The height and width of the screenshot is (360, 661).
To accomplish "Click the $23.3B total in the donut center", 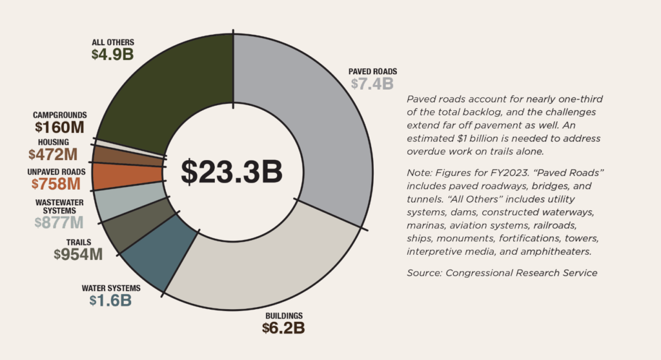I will click(x=232, y=171).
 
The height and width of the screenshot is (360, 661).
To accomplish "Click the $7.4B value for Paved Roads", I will click(x=372, y=84).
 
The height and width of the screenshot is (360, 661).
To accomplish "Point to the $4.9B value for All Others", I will click(x=112, y=54).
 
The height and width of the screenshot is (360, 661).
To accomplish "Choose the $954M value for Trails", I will click(x=78, y=254).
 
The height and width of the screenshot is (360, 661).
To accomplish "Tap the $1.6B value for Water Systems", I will click(x=110, y=300).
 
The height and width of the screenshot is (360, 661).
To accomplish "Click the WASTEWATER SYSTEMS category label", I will click(x=59, y=206).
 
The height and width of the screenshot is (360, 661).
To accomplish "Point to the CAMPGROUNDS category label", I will click(x=60, y=115).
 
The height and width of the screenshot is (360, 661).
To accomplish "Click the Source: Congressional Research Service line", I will click(x=502, y=273).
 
